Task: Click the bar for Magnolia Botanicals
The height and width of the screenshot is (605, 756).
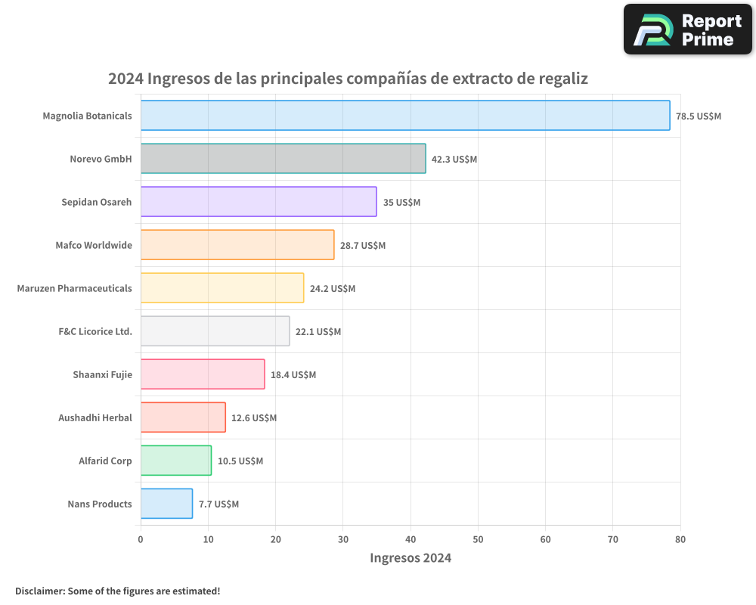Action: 405,116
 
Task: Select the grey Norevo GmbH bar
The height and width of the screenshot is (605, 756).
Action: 283,159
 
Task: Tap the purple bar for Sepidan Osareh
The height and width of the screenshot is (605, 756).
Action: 259,202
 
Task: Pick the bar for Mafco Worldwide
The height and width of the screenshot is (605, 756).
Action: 237,245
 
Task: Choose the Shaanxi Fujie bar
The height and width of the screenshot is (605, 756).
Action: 203,374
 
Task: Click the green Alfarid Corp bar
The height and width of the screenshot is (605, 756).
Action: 176,461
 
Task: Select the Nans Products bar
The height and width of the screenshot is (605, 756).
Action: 166,504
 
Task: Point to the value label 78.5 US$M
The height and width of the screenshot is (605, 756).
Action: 699,116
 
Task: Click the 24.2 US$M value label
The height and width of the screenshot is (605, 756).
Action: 333,288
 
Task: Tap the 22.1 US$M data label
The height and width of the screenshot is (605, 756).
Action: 318,331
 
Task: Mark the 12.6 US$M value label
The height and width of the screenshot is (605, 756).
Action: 254,417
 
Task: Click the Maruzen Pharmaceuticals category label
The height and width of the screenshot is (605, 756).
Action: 74,288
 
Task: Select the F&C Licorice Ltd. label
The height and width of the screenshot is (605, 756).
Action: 95,331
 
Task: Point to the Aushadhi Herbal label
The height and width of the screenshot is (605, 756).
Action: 95,417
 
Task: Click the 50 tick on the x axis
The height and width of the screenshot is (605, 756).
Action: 478,539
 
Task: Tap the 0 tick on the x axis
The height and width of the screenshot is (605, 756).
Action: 141,539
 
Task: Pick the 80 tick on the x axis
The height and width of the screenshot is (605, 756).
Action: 680,539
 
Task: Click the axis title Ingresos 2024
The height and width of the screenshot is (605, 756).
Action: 411,558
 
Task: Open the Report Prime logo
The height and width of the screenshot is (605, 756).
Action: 687,29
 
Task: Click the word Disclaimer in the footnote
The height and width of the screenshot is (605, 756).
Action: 39,591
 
